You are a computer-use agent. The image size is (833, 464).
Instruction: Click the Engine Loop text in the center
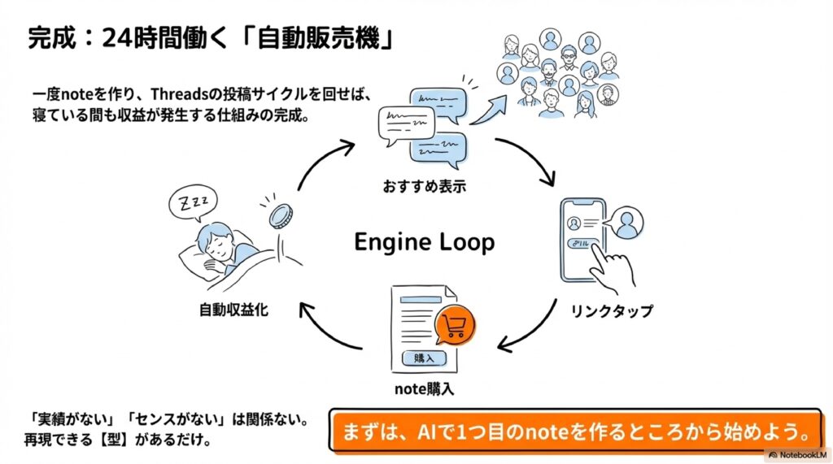click(424, 241)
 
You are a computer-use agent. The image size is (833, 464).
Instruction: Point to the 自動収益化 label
click(235, 310)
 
